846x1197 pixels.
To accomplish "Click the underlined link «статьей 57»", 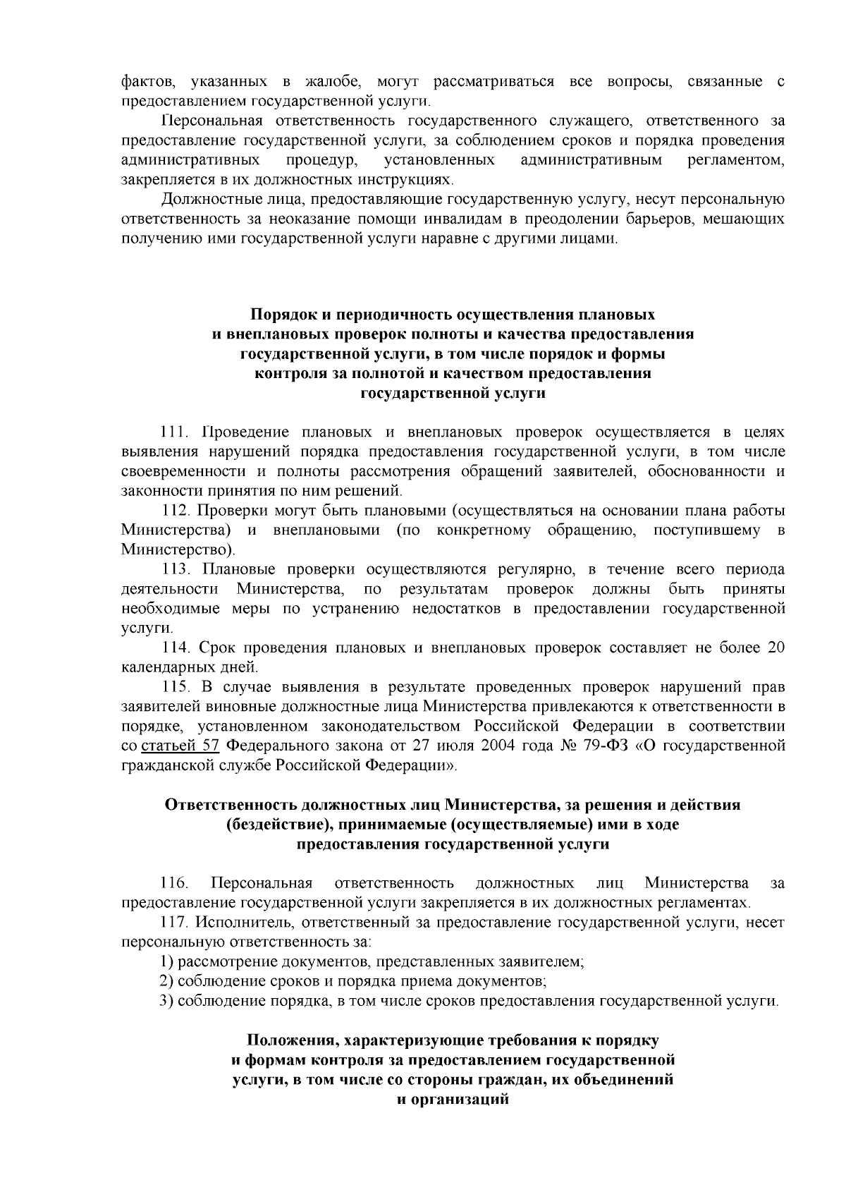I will point(182,746).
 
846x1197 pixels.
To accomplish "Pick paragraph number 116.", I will point(174,882).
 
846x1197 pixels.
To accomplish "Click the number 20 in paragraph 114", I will point(775,647).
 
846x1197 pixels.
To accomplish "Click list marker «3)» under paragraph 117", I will point(166,1000).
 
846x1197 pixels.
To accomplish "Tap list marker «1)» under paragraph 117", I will point(166,961).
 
